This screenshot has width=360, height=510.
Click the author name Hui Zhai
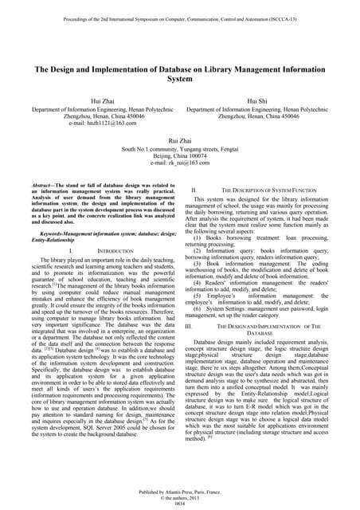[94, 100]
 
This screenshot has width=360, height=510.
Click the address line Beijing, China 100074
[181, 155]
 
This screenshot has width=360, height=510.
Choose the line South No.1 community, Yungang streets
[181, 147]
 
